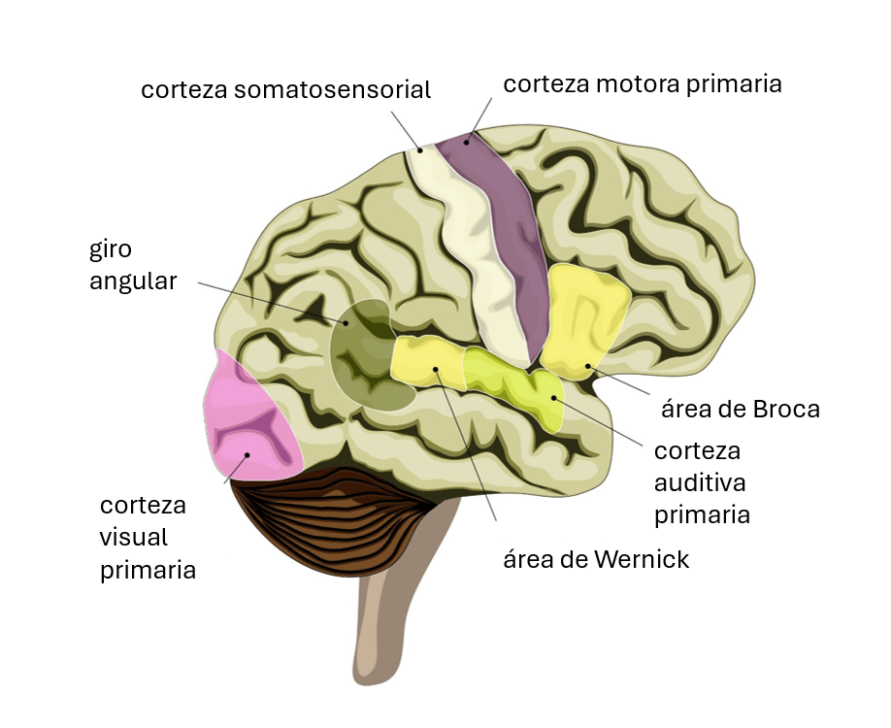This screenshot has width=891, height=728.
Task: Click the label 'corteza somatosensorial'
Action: pos(285,90)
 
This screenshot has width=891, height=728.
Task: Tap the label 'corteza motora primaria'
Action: pos(642,83)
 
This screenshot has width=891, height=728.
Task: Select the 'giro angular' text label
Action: pos(134,268)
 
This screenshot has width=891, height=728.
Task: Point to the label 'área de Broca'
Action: pos(741,409)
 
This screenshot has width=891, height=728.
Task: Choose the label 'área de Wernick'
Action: pos(596,559)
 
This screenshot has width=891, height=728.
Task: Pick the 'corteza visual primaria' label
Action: pos(148,537)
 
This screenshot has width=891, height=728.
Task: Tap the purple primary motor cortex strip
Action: pos(500,233)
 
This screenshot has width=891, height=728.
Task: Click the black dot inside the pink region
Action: pos(247,455)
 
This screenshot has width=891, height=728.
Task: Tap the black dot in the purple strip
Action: pos(466,142)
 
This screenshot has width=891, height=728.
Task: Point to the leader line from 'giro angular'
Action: pos(272,302)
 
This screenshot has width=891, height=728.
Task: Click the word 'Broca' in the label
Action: pos(786,409)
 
